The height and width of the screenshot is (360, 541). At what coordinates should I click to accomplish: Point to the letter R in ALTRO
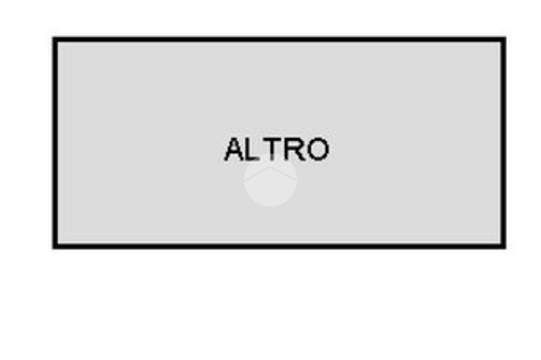coord(295,149)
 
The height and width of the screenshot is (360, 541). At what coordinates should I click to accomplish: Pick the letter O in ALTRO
coord(318,149)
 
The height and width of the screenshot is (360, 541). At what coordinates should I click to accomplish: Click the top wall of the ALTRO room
coord(279,40)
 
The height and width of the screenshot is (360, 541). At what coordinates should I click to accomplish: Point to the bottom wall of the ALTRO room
coord(279,245)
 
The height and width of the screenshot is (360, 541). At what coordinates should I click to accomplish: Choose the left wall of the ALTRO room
coord(55,143)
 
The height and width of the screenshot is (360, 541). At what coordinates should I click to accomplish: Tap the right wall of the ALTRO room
coord(503,143)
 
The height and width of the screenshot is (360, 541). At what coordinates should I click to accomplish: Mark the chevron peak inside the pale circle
coord(270,167)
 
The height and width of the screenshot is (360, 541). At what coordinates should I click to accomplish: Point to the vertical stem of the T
coord(273,151)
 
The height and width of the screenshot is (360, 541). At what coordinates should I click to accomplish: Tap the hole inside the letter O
coord(318,149)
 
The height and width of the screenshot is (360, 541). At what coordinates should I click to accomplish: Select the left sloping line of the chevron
coord(257,174)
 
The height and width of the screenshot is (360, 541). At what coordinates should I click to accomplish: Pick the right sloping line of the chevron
coord(284,174)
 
